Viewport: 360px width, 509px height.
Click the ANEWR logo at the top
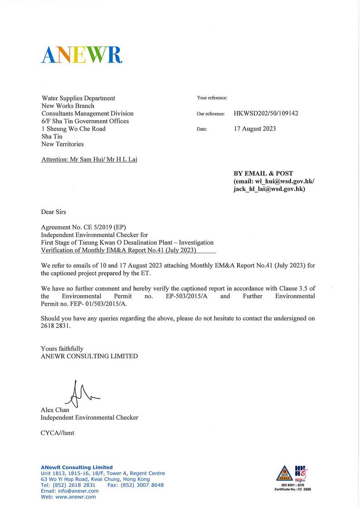[x=82, y=54]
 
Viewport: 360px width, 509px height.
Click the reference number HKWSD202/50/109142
[x=266, y=113]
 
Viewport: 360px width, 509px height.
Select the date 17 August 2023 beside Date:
[x=254, y=129]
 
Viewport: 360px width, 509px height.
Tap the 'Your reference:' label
[x=212, y=98]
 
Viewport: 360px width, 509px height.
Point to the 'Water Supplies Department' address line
[x=78, y=98]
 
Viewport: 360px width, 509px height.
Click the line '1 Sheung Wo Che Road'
[x=73, y=129]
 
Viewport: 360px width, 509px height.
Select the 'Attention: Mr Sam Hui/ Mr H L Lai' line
[x=89, y=160]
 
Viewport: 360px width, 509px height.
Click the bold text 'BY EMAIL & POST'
[x=263, y=173]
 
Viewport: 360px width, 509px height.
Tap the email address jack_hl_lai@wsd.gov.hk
[x=268, y=189]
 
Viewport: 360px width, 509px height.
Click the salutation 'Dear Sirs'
[x=54, y=212]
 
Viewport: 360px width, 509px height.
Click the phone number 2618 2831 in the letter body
[x=56, y=326]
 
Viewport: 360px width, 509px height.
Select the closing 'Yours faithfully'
[x=62, y=349]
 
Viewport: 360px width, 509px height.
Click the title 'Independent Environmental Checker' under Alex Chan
[x=89, y=417]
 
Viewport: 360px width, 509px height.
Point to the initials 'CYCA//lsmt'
[x=58, y=433]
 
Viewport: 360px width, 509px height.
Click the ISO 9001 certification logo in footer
[x=292, y=476]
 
